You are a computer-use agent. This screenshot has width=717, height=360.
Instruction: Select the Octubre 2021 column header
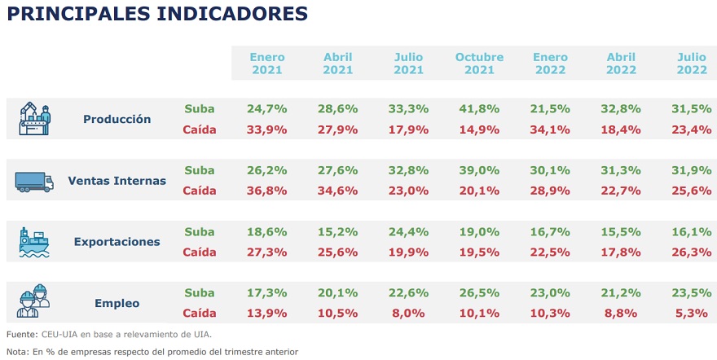click(x=479, y=64)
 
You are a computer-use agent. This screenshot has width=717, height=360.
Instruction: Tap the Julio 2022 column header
click(x=692, y=64)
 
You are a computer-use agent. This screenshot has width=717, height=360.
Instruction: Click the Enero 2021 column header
click(x=267, y=64)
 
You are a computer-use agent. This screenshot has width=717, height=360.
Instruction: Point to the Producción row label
click(x=117, y=119)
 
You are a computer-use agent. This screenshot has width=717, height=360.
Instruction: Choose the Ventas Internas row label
click(x=117, y=181)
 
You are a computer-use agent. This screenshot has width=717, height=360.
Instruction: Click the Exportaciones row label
click(x=117, y=242)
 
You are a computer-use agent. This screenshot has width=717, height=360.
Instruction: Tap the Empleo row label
click(x=117, y=303)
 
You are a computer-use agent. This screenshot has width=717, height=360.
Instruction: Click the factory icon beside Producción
click(x=35, y=119)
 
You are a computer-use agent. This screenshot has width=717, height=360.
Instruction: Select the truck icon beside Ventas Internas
click(x=34, y=181)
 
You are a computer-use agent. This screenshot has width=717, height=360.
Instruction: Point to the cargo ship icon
click(x=34, y=242)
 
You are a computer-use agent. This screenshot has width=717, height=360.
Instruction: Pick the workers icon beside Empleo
click(x=34, y=303)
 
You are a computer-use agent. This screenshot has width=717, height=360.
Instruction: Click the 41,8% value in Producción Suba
click(x=479, y=108)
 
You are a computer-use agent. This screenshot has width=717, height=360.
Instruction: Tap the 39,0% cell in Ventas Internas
click(x=479, y=170)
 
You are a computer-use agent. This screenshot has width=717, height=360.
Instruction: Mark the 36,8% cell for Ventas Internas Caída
click(x=267, y=191)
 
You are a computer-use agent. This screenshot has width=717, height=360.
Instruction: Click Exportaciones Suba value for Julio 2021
click(x=409, y=231)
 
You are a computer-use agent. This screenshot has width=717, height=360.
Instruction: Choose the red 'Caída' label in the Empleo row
click(x=199, y=313)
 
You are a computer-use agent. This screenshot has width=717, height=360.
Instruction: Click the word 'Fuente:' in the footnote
click(x=22, y=334)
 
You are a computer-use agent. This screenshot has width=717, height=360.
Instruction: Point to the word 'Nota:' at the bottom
click(x=18, y=352)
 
